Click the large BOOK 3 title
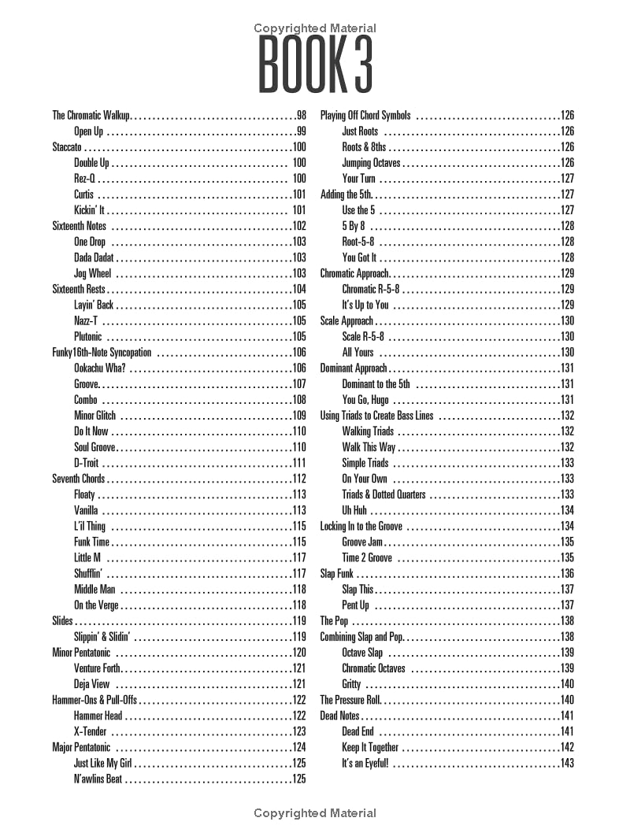click(315, 65)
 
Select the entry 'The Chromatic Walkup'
click(91, 116)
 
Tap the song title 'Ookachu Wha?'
click(100, 368)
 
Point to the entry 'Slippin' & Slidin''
click(102, 637)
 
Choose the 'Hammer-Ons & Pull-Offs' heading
click(94, 700)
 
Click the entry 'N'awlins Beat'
click(98, 779)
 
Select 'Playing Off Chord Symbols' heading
click(365, 116)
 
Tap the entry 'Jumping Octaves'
click(371, 163)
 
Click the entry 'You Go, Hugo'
click(365, 400)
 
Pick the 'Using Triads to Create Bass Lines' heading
click(376, 416)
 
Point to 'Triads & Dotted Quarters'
click(384, 494)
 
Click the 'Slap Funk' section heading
click(336, 574)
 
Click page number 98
click(301, 116)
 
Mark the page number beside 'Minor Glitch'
click(298, 416)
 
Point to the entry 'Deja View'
click(92, 684)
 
